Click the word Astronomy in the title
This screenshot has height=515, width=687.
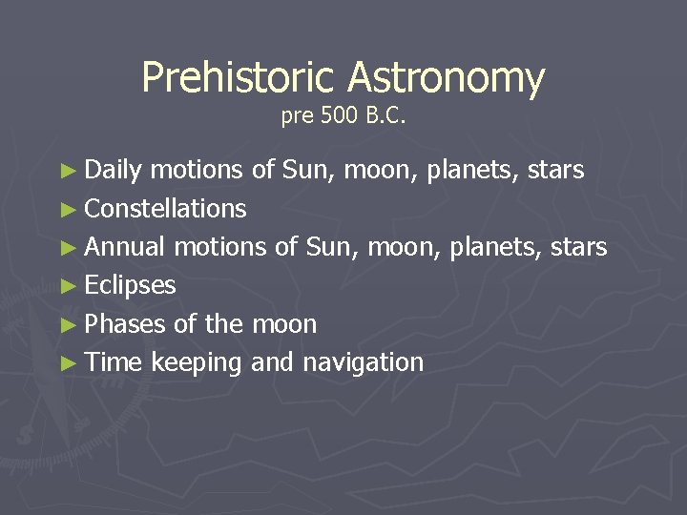(x=446, y=78)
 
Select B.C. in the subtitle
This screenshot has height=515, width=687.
(x=386, y=117)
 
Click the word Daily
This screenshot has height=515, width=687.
(x=114, y=171)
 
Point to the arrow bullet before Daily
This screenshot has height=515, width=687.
(x=66, y=172)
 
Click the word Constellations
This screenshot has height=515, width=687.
(x=165, y=209)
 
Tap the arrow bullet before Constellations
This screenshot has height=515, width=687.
(x=66, y=210)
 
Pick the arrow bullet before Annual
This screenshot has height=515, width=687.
(x=66, y=248)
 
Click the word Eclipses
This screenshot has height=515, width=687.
(x=131, y=285)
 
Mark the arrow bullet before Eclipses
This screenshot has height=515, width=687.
(x=66, y=286)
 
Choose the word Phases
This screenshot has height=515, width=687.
(x=125, y=324)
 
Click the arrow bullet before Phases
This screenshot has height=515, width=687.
(x=66, y=325)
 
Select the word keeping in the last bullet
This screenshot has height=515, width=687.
(x=196, y=363)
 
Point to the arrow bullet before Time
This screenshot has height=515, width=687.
(x=66, y=363)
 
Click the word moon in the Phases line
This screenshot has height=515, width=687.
(x=283, y=324)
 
